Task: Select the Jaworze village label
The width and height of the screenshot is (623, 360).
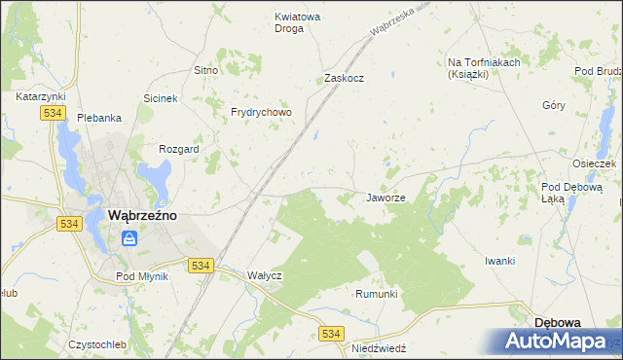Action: point(385,198)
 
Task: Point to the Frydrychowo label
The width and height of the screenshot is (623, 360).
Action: point(261,112)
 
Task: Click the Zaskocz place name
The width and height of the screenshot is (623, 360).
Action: point(344,78)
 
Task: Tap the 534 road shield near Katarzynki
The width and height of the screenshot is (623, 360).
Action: point(53,114)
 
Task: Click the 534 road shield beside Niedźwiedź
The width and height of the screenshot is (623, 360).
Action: point(332,334)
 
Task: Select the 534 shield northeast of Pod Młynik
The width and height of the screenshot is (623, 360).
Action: point(201,266)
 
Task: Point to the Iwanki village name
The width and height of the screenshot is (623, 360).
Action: point(499,261)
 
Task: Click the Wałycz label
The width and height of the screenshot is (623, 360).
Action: point(264,275)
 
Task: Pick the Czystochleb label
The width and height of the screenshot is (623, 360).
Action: point(97,344)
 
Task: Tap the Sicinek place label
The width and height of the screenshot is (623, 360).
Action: point(161,98)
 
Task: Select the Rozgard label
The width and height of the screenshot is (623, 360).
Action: point(179,149)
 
